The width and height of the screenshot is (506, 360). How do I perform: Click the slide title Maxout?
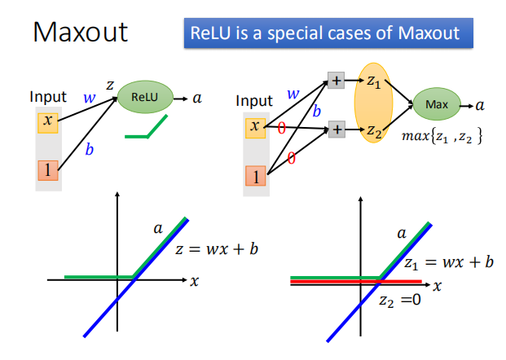coord(81,33)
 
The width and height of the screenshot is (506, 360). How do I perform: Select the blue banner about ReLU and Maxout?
coord(328,33)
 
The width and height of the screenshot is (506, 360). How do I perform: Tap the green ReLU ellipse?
coord(148,97)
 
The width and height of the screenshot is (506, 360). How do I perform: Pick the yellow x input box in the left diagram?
coord(47,122)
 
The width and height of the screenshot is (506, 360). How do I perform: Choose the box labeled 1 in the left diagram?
coord(47,170)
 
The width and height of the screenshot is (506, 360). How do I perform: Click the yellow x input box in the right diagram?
coord(255,126)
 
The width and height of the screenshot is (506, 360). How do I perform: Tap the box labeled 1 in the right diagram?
coord(255,175)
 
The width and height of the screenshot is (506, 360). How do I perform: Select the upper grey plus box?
coord(335,80)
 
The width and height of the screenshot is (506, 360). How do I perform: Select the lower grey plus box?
coord(335,129)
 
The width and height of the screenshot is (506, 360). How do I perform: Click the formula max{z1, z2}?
coord(443,136)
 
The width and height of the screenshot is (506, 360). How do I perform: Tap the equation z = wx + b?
coord(217,249)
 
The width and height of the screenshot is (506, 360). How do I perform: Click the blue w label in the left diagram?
coord(88,99)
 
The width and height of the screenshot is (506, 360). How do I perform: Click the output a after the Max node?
coord(480,105)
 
